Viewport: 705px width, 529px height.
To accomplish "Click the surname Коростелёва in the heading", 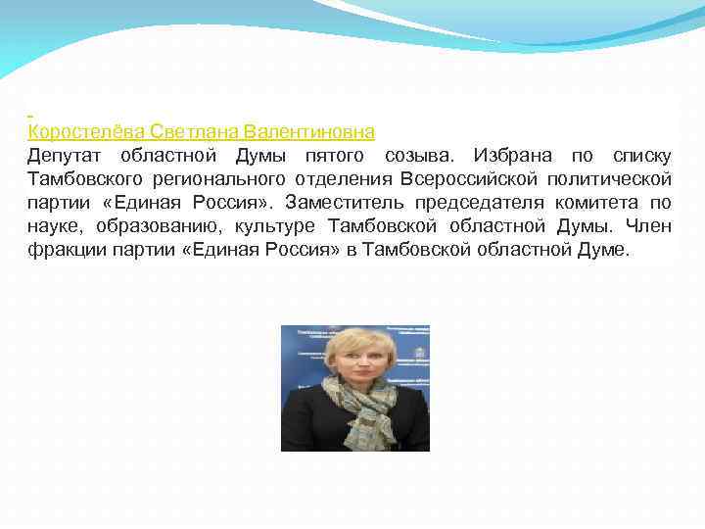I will click(86, 131).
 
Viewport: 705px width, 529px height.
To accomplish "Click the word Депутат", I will click(66, 156).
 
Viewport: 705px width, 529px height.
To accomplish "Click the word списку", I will click(641, 156).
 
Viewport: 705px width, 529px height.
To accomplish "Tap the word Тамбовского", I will click(83, 179).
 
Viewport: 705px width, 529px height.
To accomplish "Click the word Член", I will click(650, 226).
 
